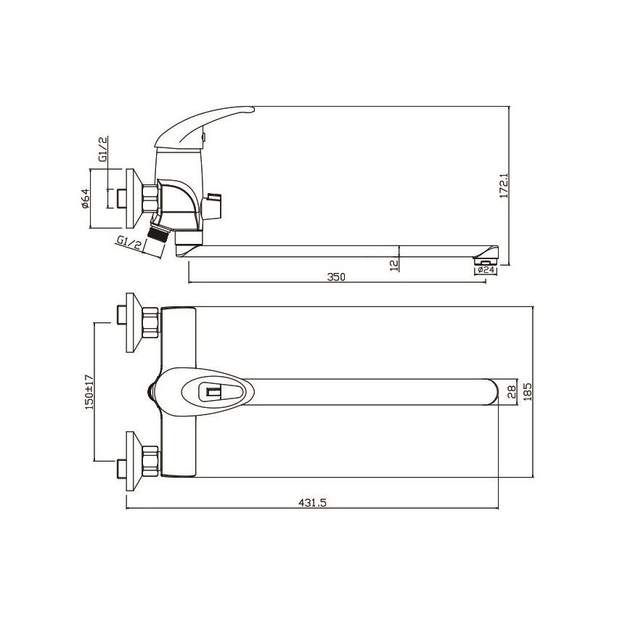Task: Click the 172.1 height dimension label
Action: point(504,186)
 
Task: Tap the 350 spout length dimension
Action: point(336,277)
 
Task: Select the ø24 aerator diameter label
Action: point(486,270)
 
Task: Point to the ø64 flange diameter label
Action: point(86,199)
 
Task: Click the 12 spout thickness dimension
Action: point(394,265)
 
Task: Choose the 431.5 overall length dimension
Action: point(312,502)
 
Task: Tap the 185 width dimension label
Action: point(528,391)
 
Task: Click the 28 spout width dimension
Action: point(511,391)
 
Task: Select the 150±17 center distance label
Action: point(89,392)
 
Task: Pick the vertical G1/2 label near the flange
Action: point(103,149)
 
